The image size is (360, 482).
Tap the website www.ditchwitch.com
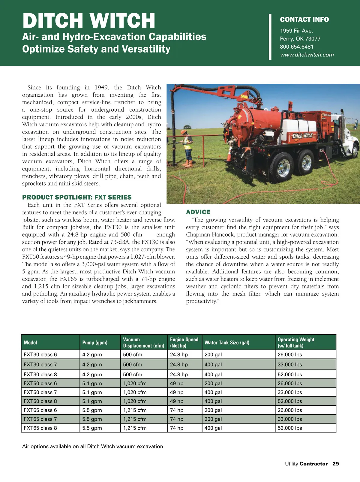tap(307, 55)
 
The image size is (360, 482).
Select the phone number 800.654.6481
tap(296, 47)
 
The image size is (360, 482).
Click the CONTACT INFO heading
tap(304, 20)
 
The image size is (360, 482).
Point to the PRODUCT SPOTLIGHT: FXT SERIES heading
tap(77, 197)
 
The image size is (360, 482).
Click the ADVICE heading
tap(198, 212)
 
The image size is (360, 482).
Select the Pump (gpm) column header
tap(95, 342)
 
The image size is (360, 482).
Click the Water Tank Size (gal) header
tap(227, 342)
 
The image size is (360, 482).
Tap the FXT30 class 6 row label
tap(40, 354)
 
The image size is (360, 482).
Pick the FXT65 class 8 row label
tap(40, 428)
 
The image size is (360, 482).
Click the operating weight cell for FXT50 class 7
tap(290, 392)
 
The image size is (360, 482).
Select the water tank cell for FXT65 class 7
tap(213, 419)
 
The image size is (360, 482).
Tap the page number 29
tap(335, 464)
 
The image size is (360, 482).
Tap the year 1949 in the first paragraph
tap(101, 87)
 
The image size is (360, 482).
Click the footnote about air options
tap(92, 446)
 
